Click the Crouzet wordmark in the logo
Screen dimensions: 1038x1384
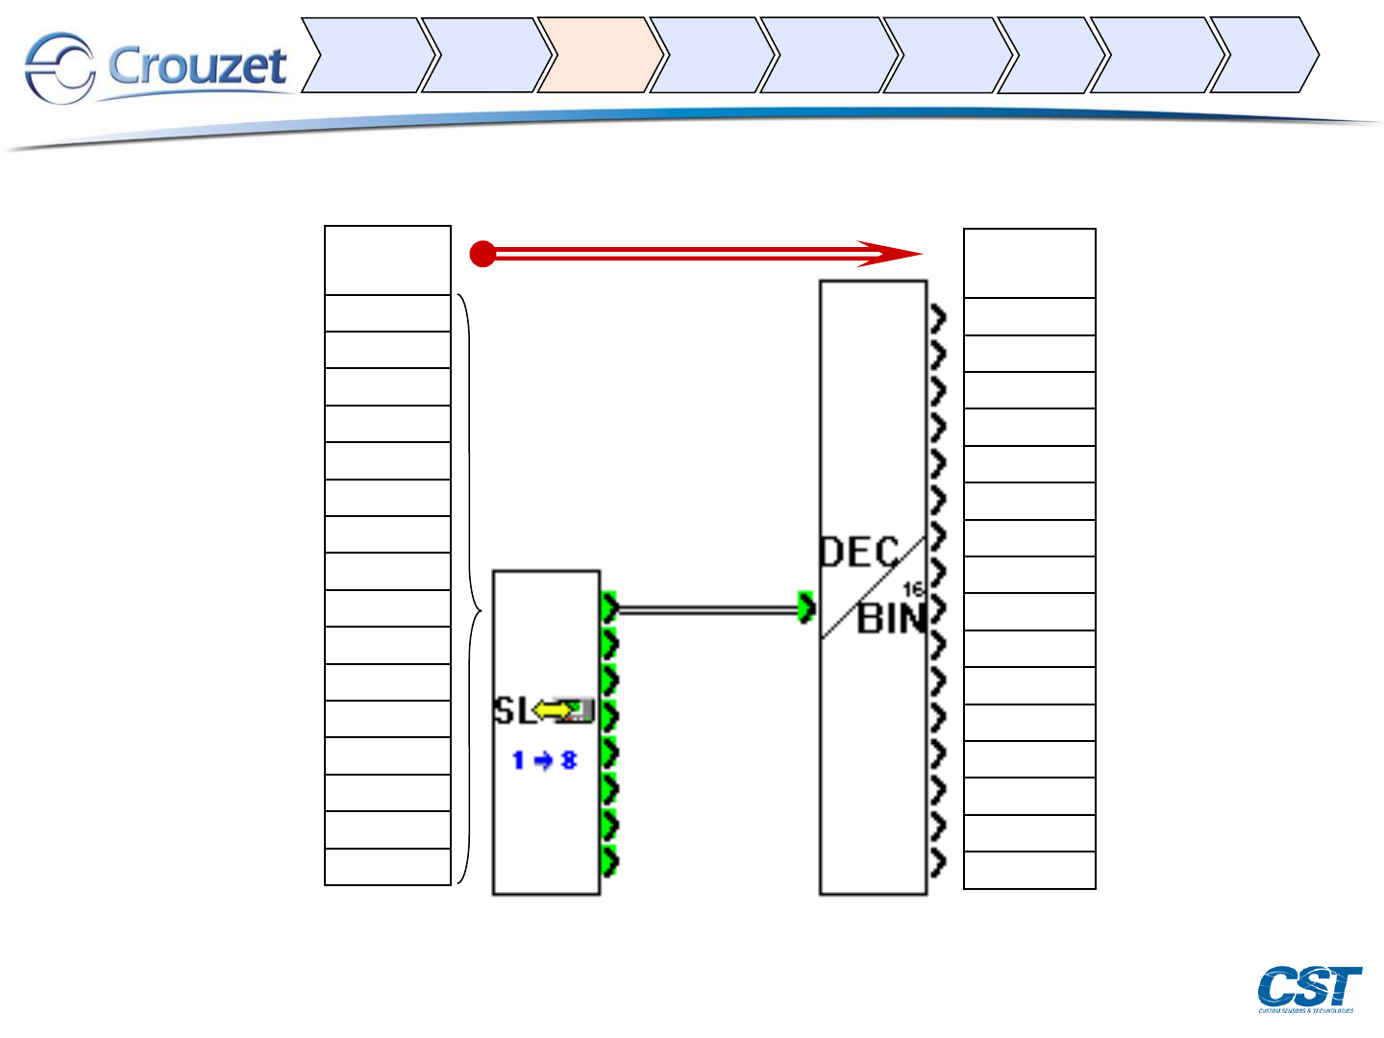click(x=197, y=65)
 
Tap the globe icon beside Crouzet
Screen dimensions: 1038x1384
click(x=60, y=67)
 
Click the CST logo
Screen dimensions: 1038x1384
click(x=1309, y=988)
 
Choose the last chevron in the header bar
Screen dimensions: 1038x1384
click(x=1261, y=55)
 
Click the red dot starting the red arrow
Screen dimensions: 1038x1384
click(x=482, y=255)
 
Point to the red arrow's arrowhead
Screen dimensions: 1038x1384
click(x=894, y=254)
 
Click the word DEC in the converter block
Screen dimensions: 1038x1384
click(x=858, y=553)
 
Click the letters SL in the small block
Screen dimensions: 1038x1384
click(x=511, y=711)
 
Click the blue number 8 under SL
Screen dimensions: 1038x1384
click(x=569, y=760)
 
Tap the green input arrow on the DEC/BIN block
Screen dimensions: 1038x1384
click(x=807, y=607)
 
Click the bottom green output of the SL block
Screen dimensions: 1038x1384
click(x=609, y=861)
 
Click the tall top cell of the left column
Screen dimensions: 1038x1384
click(x=387, y=260)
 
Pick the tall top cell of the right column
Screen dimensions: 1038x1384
click(x=1029, y=263)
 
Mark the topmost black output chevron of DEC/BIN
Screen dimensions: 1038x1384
click(x=938, y=317)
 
